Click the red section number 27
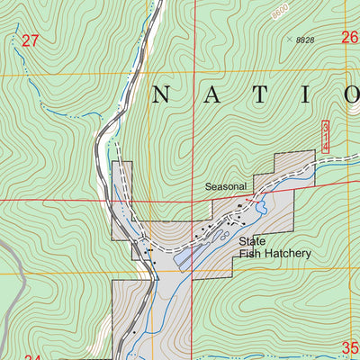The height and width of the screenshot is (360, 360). click(31, 40)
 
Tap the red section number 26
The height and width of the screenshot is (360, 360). click(349, 37)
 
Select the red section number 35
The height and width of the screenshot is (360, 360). click(350, 347)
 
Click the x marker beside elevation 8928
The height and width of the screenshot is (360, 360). click(290, 39)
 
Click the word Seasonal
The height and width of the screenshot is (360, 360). click(225, 186)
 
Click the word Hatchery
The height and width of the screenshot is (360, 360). click(286, 254)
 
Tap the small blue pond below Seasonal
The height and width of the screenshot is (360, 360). click(261, 209)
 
